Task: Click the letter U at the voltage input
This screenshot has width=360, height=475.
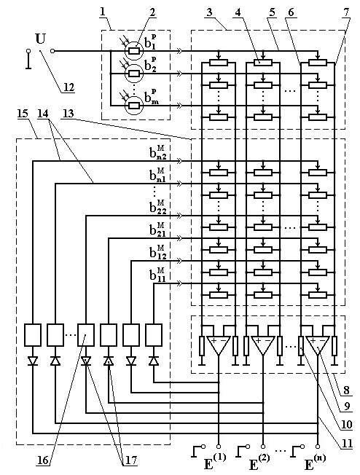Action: (x=40, y=39)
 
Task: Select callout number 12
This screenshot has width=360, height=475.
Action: (x=69, y=87)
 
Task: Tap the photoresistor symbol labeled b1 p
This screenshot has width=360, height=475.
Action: (x=134, y=51)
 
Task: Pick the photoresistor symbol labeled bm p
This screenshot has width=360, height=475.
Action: (x=134, y=106)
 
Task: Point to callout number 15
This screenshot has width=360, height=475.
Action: (x=23, y=114)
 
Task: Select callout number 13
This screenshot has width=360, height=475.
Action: (x=69, y=114)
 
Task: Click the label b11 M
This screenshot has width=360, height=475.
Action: (x=157, y=275)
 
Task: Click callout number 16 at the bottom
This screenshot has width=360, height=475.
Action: (x=43, y=460)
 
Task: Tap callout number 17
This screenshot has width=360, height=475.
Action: (x=129, y=460)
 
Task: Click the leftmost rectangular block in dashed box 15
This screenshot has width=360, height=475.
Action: (x=33, y=334)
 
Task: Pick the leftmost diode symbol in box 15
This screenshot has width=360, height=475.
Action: (x=33, y=361)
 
